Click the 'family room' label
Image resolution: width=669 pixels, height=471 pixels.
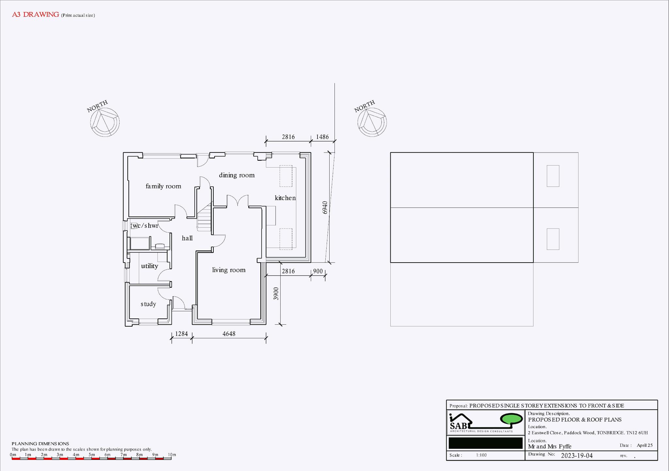click(x=163, y=186)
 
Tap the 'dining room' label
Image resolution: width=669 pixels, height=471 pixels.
click(x=237, y=175)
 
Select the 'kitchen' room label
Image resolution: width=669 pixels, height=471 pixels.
click(x=285, y=198)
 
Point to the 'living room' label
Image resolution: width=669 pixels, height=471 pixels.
click(x=229, y=270)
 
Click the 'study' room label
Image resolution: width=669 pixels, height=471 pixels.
click(x=148, y=304)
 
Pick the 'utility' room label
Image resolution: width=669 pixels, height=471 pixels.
click(x=150, y=266)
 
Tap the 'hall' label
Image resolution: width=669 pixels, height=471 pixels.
click(x=187, y=238)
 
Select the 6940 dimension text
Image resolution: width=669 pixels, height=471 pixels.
click(x=325, y=207)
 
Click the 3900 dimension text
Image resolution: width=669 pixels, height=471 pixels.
click(x=276, y=293)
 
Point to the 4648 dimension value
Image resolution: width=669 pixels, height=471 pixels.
click(x=229, y=333)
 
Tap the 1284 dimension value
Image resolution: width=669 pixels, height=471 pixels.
click(x=181, y=333)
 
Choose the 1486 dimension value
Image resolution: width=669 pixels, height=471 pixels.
click(x=322, y=137)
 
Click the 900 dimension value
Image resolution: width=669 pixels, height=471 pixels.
click(x=318, y=271)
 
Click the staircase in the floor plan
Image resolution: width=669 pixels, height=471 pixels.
click(x=205, y=217)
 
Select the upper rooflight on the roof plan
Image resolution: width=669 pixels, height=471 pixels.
click(x=553, y=176)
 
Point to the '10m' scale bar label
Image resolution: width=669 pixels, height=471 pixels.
click(x=172, y=454)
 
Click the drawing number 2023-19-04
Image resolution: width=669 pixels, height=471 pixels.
click(x=577, y=455)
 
